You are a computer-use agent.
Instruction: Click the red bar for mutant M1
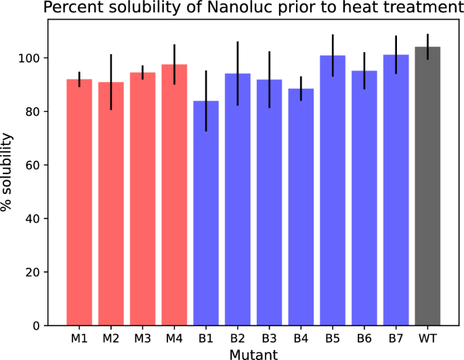pyautogui.click(x=79, y=203)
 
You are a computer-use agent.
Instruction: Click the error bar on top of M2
pyautogui.click(x=111, y=81)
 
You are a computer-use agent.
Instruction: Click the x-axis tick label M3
pyautogui.click(x=143, y=338)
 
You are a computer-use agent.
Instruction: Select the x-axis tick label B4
pyautogui.click(x=301, y=338)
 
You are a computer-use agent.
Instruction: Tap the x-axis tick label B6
pyautogui.click(x=364, y=338)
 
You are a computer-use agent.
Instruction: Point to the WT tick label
pyautogui.click(x=427, y=338)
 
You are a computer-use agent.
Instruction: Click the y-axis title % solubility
pyautogui.click(x=8, y=172)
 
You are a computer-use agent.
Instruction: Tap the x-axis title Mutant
pyautogui.click(x=253, y=353)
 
